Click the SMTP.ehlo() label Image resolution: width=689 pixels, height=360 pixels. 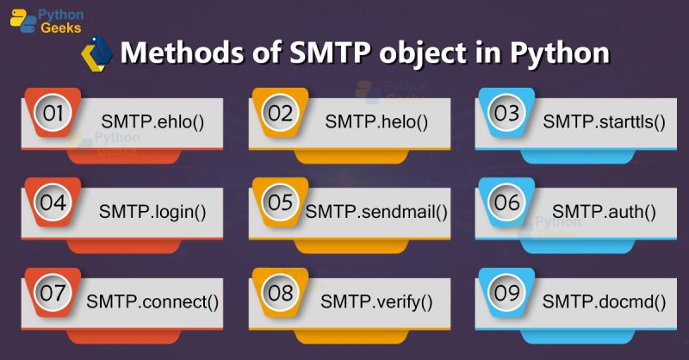[152, 120]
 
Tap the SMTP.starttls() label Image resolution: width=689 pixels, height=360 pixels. [605, 120]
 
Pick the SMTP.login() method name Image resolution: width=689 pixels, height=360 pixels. [152, 210]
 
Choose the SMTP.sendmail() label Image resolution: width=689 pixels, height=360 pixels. [377, 210]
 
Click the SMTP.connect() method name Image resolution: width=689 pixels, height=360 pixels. [152, 301]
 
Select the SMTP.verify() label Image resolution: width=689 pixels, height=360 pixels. [376, 301]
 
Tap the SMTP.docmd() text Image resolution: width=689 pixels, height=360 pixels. [605, 301]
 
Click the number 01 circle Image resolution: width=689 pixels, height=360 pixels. [53, 113]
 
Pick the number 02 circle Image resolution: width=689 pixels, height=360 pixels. [281, 113]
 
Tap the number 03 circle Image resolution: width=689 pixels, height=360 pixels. [507, 113]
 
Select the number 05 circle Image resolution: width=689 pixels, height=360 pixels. [281, 203]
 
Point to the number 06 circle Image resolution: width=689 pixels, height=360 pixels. [507, 203]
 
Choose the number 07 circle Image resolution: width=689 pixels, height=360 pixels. [53, 294]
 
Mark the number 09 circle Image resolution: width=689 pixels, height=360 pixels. [507, 294]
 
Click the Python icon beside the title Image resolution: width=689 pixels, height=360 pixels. [97, 53]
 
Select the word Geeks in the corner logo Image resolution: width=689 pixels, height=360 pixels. [63, 28]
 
